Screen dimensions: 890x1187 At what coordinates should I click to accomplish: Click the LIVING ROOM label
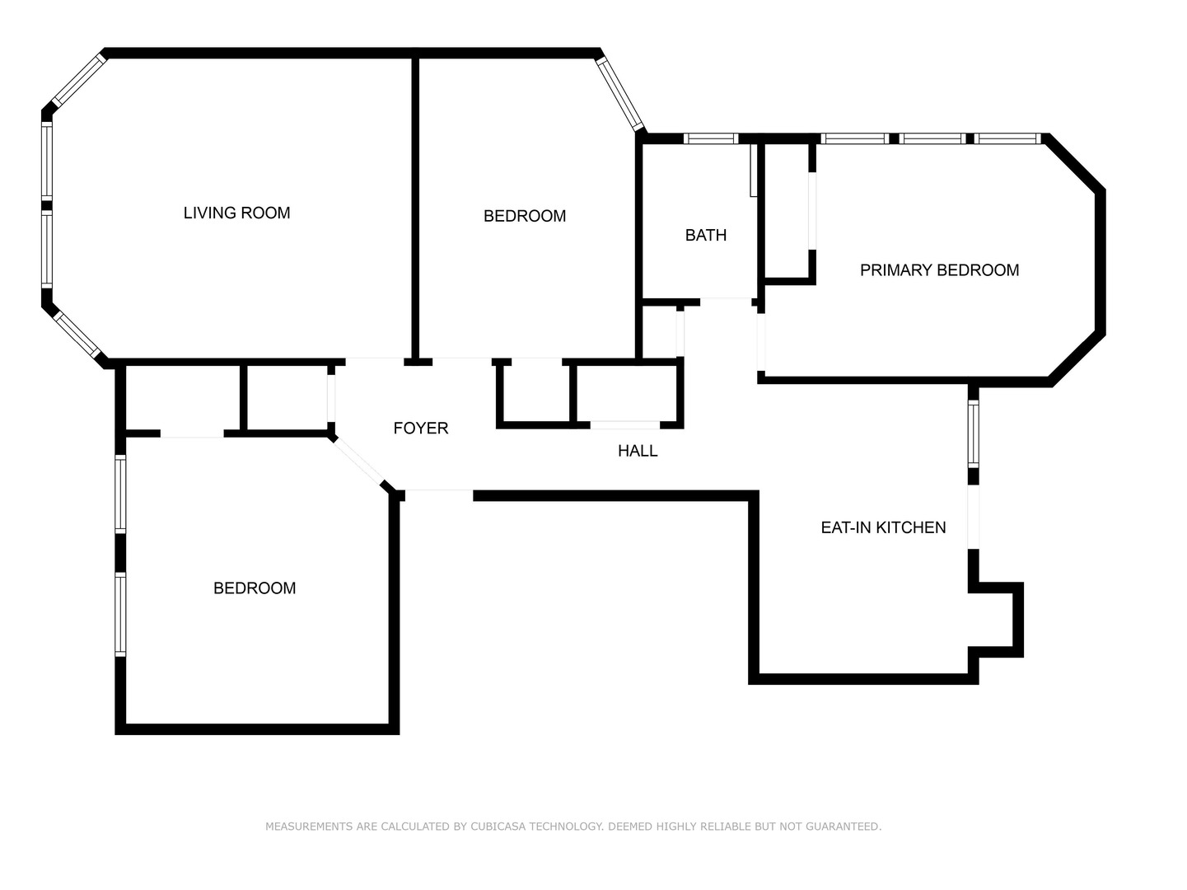point(236,213)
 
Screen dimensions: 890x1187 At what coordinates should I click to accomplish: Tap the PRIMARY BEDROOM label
point(939,270)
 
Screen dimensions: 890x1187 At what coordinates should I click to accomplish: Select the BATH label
point(706,235)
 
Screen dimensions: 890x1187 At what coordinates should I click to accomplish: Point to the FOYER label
point(420,428)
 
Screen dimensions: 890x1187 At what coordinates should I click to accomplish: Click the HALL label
point(638,451)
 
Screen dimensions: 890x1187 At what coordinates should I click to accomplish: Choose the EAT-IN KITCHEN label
point(883,527)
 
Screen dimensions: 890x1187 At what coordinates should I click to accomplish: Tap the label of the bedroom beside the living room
point(524,216)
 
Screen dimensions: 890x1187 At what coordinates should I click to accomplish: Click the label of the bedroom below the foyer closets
point(254,588)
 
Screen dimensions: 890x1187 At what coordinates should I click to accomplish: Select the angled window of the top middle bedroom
point(621,92)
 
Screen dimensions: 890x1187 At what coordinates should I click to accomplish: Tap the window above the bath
point(712,138)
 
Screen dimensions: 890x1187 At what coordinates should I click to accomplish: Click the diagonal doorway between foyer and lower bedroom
point(359,461)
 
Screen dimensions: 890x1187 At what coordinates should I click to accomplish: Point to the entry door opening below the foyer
point(439,494)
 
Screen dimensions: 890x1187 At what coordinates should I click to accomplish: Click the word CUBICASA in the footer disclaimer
point(500,827)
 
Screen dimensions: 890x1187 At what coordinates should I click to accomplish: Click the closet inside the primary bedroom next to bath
point(788,213)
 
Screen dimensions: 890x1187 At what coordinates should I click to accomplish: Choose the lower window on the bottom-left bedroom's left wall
point(120,614)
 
